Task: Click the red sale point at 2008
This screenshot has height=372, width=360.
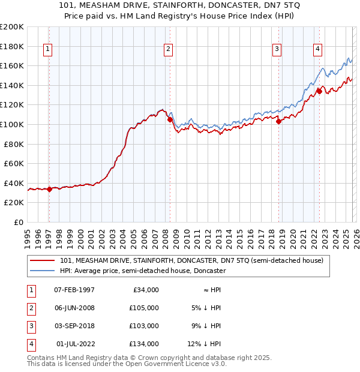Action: tap(170, 119)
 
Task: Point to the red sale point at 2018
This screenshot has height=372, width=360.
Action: tap(278, 121)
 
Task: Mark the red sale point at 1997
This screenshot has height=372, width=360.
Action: tap(49, 189)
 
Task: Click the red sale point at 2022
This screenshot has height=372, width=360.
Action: tap(319, 91)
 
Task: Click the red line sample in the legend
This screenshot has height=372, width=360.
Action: tap(43, 261)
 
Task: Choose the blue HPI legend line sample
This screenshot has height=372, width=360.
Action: tap(43, 271)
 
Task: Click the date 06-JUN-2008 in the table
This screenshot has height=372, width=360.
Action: tap(74, 308)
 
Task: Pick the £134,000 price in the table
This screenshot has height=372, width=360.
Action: tap(144, 344)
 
